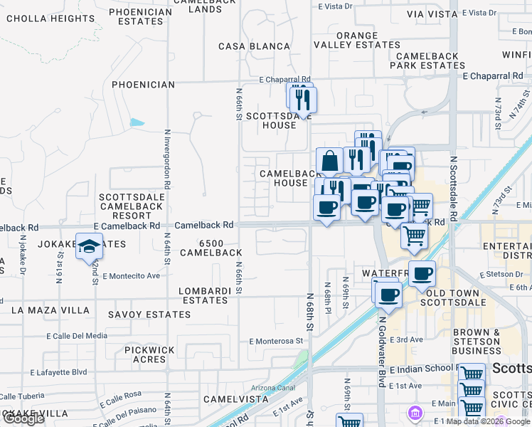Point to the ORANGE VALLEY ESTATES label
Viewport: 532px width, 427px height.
[357, 40]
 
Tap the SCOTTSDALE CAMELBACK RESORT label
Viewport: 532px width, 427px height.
[131, 206]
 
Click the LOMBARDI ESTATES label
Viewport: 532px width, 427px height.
[204, 295]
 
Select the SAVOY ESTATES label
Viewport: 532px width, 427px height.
[149, 314]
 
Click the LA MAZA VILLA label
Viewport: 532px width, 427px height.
[50, 310]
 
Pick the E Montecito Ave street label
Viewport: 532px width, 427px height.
[131, 275]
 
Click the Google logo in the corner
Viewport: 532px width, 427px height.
[23, 418]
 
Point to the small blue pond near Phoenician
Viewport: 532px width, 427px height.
[137, 122]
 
